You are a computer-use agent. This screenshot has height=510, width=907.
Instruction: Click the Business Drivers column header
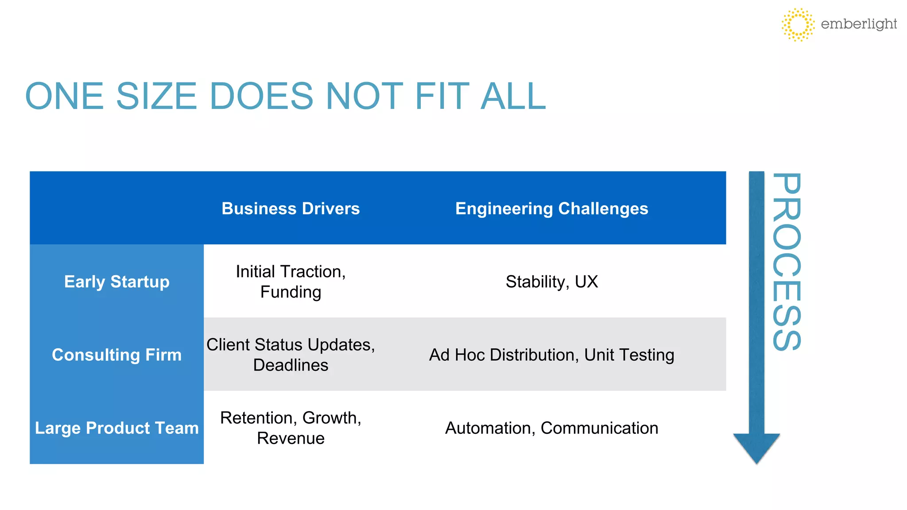click(x=291, y=209)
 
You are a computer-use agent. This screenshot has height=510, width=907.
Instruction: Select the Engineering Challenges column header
click(x=551, y=209)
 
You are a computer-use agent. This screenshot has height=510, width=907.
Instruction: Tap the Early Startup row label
click(x=116, y=282)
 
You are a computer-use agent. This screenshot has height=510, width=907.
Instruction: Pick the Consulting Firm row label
click(x=116, y=355)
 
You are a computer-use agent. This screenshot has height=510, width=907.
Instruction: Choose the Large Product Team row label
click(x=116, y=428)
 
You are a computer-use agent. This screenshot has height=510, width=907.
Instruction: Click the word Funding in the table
click(x=291, y=292)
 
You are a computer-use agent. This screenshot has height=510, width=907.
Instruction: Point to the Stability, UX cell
click(x=551, y=282)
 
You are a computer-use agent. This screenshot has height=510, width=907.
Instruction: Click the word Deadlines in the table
click(x=291, y=365)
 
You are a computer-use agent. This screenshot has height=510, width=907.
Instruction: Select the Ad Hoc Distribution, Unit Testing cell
click(x=551, y=355)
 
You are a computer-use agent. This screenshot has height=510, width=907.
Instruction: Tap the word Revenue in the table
click(x=291, y=438)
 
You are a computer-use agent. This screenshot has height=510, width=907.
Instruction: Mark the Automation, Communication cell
click(x=551, y=428)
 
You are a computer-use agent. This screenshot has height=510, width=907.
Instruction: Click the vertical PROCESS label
click(x=787, y=262)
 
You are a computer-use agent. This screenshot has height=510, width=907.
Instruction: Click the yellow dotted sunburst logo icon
click(x=798, y=24)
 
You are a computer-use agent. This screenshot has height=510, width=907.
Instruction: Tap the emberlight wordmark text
click(x=858, y=24)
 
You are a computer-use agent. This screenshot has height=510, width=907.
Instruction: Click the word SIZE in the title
click(x=156, y=96)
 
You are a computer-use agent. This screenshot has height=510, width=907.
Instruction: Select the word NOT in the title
click(x=364, y=96)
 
